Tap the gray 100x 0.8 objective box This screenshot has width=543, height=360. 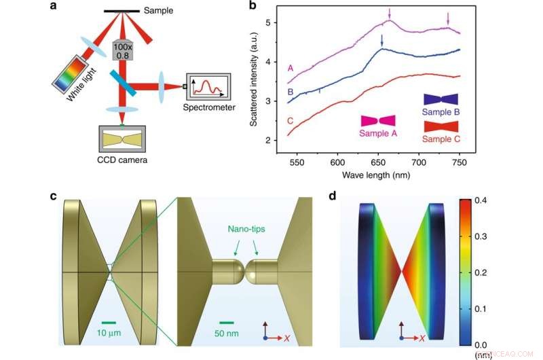click(x=122, y=49)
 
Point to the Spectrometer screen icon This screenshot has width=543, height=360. click(x=211, y=87)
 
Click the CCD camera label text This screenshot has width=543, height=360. click(x=121, y=160)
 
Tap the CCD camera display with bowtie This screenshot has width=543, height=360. click(x=122, y=139)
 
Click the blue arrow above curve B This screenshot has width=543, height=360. click(x=382, y=40)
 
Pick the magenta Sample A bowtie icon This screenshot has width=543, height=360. click(x=378, y=120)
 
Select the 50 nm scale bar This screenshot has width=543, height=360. click(x=227, y=323)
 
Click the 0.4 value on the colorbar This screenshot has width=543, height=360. click(x=479, y=202)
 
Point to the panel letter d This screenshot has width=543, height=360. click(x=332, y=196)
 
